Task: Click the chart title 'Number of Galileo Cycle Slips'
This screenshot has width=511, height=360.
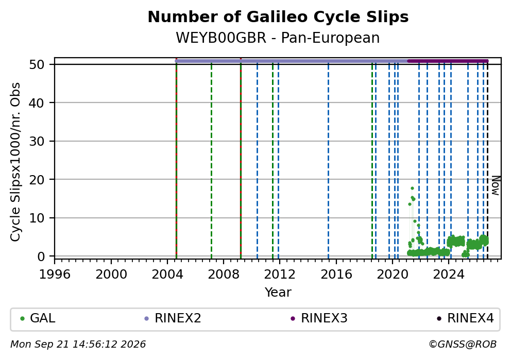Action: pyautogui.click(x=278, y=17)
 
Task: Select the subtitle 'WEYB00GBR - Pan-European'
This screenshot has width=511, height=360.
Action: pyautogui.click(x=278, y=38)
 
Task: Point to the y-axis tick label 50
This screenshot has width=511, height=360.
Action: pyautogui.click(x=37, y=64)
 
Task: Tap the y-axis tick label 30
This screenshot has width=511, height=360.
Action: pyautogui.click(x=37, y=141)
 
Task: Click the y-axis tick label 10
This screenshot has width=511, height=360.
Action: pyautogui.click(x=37, y=218)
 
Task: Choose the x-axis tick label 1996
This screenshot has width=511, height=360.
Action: pyautogui.click(x=55, y=275)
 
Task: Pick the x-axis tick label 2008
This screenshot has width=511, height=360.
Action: pyautogui.click(x=223, y=275)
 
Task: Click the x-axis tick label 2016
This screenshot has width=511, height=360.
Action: pyautogui.click(x=336, y=275)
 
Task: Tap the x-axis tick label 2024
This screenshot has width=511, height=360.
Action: pyautogui.click(x=449, y=275)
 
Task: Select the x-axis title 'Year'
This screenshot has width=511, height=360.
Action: pyautogui.click(x=278, y=292)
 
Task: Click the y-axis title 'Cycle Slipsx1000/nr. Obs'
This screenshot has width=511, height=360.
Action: pyautogui.click(x=15, y=162)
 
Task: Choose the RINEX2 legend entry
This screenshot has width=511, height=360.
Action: pyautogui.click(x=173, y=318)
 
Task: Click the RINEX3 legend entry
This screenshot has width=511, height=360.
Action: pyautogui.click(x=319, y=318)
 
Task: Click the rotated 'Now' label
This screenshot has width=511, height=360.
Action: pyautogui.click(x=496, y=186)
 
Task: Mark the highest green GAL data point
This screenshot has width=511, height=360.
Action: pyautogui.click(x=412, y=188)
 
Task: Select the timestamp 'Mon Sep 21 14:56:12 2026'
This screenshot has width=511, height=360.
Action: pyautogui.click(x=78, y=345)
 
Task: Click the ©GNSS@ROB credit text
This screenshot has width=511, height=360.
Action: pyautogui.click(x=463, y=345)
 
